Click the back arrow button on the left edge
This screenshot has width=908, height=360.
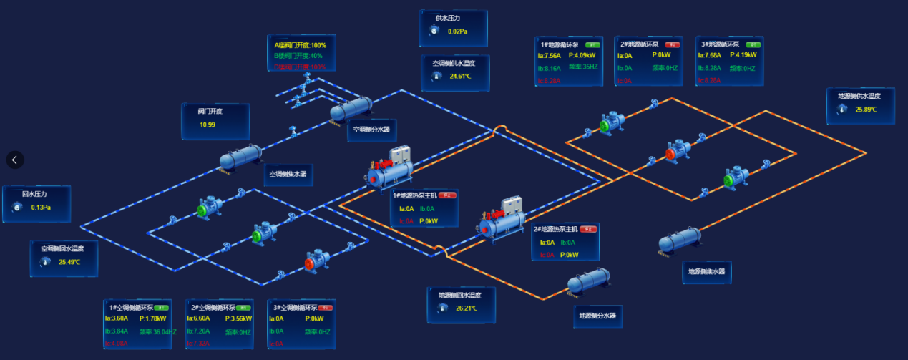coord(15,160)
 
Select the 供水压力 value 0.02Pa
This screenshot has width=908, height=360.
coord(457,31)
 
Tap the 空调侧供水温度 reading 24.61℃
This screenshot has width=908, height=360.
coord(460,76)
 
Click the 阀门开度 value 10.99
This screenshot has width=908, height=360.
coord(208,125)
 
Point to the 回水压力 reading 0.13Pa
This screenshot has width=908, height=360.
coord(41,208)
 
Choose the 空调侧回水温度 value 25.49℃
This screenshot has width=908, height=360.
coord(70,262)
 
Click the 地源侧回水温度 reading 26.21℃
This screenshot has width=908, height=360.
coord(467,308)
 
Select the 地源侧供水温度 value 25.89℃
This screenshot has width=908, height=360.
coord(866,110)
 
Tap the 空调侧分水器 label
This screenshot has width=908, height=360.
coord(372,130)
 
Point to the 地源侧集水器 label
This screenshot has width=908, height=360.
coord(706,272)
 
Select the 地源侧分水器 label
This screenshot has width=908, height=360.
coord(597,316)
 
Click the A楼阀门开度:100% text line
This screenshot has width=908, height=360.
coord(300,45)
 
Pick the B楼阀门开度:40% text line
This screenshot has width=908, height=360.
coord(298,56)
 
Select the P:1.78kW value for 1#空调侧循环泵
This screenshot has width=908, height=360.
coord(152,318)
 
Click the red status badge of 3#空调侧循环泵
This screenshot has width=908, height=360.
coord(326,307)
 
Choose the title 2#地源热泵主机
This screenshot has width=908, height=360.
coord(555,229)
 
